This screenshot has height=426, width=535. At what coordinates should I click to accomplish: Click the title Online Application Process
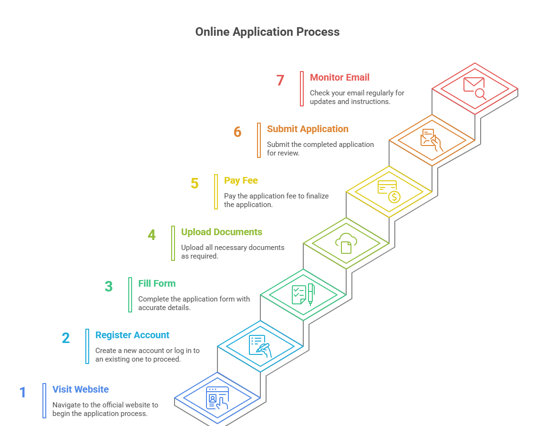267,32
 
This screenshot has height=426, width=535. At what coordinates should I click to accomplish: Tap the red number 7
280,80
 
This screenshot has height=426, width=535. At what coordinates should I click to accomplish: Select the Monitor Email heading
340,77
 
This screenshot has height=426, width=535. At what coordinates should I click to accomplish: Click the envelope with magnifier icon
475,88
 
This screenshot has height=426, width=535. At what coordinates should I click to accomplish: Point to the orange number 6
237,132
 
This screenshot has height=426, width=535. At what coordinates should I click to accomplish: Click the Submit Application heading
308,129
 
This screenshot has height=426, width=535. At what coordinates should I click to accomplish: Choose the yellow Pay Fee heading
241,180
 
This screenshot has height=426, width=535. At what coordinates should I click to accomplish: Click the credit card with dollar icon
389,191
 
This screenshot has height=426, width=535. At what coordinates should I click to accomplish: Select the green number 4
152,235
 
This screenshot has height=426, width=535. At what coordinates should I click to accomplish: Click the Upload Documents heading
221,232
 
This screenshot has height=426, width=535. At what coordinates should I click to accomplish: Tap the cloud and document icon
346,243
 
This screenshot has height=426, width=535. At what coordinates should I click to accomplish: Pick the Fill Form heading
157,283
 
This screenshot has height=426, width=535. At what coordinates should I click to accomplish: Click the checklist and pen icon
303,294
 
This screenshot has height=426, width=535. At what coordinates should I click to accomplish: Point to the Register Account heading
132,335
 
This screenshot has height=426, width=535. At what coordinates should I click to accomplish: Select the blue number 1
22,393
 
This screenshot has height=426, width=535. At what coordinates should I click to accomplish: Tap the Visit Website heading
81,389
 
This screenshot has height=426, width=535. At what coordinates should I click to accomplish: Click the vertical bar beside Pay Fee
216,191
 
